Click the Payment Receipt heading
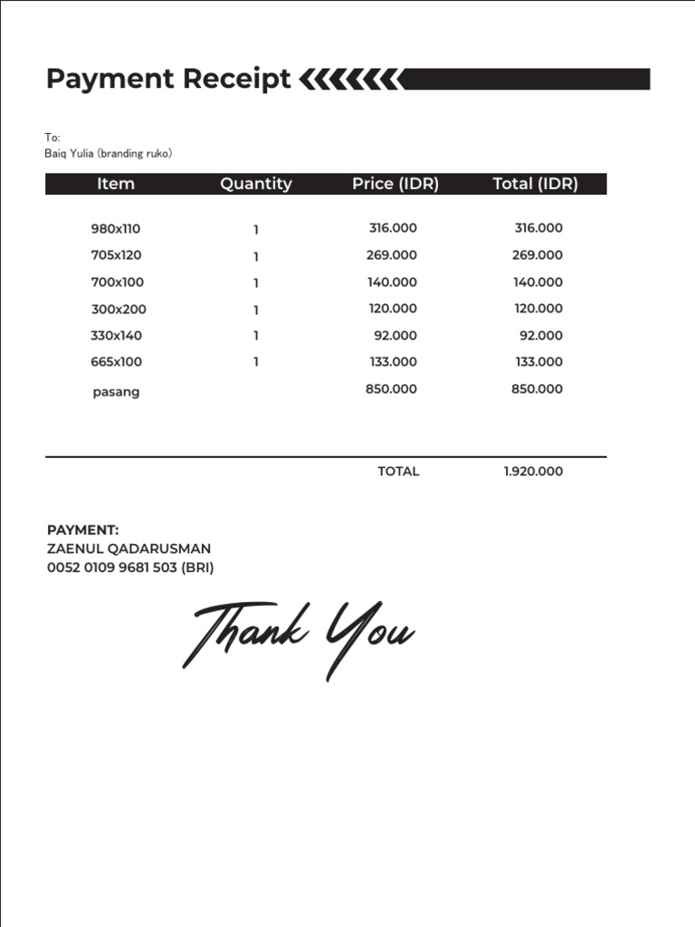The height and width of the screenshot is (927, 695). [168, 80]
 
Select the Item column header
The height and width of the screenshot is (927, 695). [115, 184]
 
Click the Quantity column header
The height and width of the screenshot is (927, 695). [255, 184]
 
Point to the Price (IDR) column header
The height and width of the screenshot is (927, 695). [395, 184]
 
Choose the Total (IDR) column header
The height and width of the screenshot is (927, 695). [535, 184]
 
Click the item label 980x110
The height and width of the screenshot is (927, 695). [116, 229]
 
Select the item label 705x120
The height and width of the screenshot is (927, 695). [116, 255]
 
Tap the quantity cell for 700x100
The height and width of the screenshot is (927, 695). [256, 282]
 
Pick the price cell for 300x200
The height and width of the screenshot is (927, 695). [393, 309]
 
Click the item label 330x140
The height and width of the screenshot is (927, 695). [116, 336]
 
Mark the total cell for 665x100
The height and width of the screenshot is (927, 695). [538, 362]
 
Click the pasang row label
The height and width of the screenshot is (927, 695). [116, 393]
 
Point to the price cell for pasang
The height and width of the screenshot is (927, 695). [391, 389]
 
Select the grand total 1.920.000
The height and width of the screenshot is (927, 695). [533, 472]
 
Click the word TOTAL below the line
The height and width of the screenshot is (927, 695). [398, 472]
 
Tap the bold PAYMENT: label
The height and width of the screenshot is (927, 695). [82, 530]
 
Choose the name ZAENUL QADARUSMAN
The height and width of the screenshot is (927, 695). [129, 549]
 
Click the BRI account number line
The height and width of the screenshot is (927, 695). [130, 568]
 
